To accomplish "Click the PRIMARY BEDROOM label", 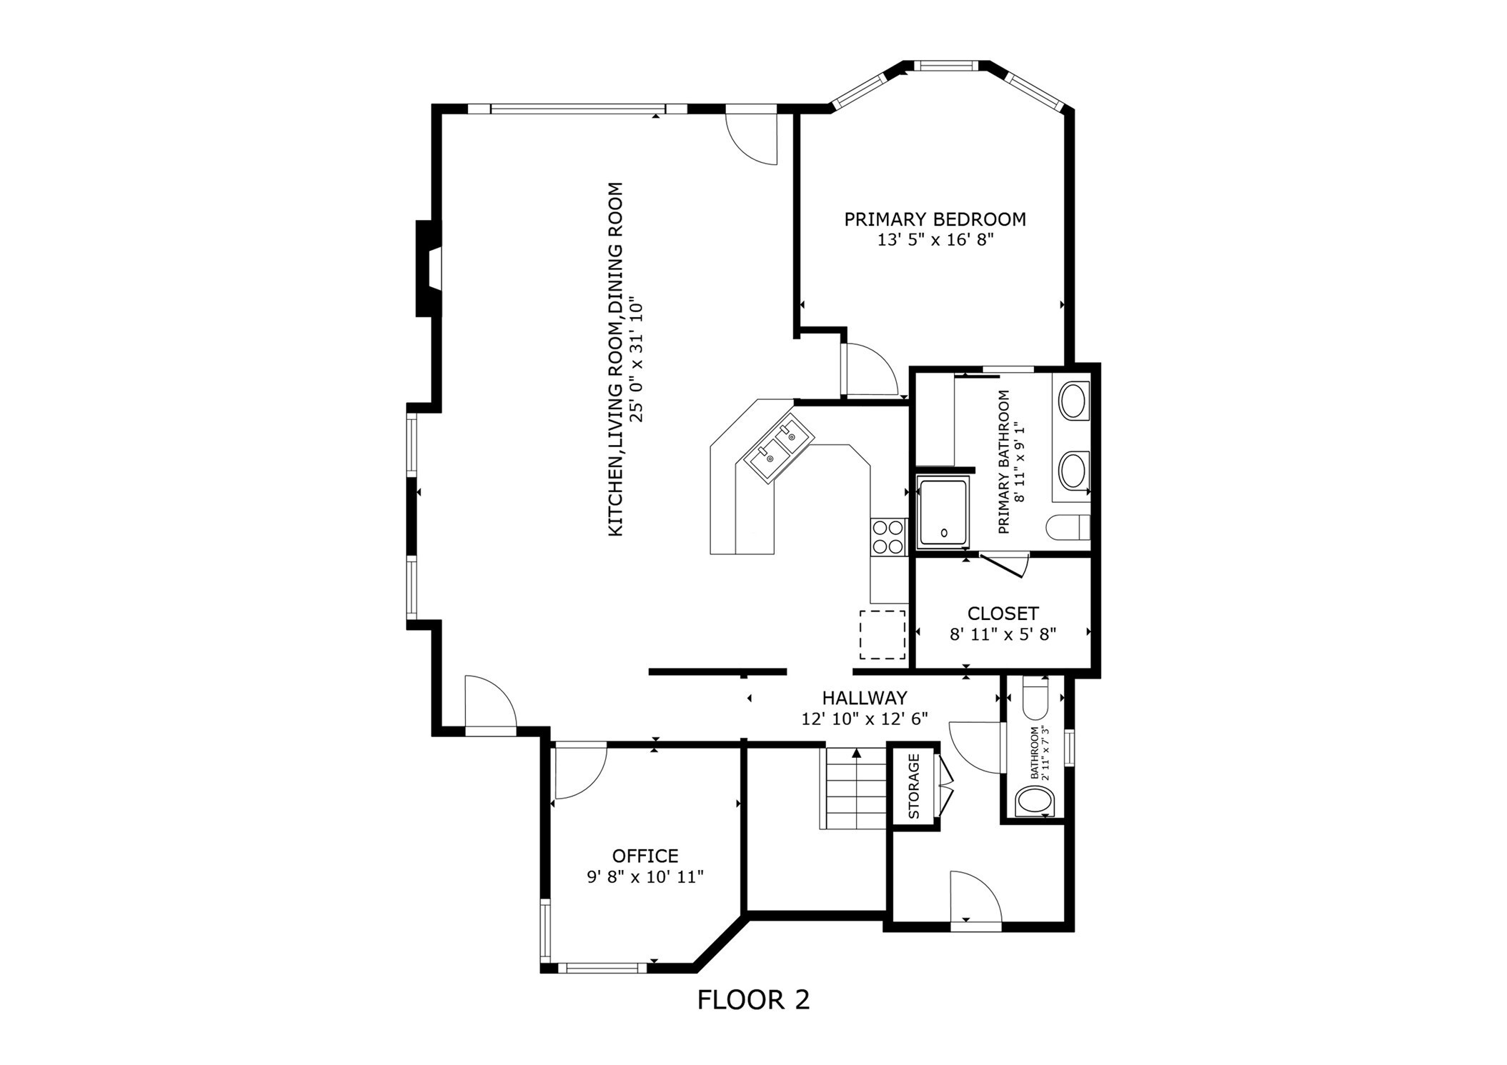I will tap(935, 219).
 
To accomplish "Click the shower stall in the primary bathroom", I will tap(943, 513).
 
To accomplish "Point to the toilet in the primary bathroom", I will tap(1068, 528).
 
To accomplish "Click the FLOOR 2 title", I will tap(753, 999).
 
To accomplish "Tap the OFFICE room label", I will tap(645, 856).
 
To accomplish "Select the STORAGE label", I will tap(914, 786).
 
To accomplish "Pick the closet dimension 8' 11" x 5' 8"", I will tap(1003, 634).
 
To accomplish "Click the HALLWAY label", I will tap(864, 698).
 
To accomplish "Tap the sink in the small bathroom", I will tap(1034, 801).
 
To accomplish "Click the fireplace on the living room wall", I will tap(429, 268).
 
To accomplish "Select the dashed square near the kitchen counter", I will tap(882, 634).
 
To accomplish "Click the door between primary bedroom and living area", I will tap(870, 369).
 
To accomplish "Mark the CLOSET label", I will tap(1003, 614).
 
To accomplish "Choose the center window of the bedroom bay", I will tap(945, 66).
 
